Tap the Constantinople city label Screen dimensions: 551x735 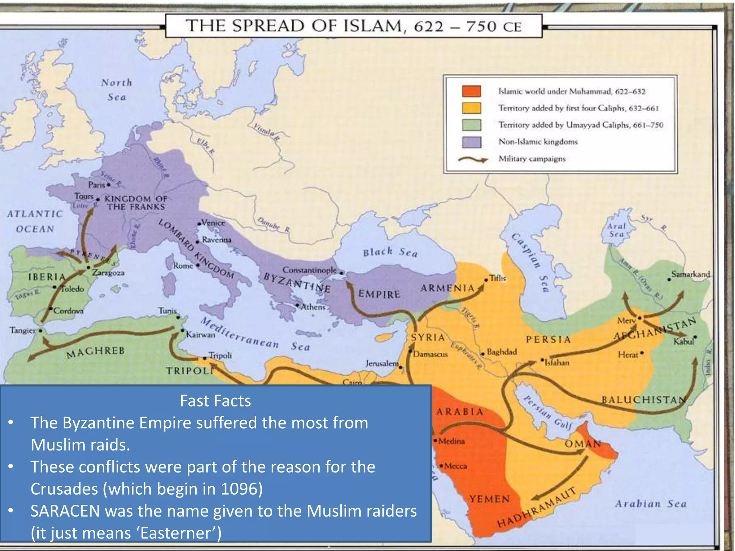(309, 270)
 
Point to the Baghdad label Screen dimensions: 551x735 (502, 352)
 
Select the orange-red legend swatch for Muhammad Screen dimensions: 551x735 (471, 91)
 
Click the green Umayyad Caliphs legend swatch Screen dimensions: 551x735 (471, 125)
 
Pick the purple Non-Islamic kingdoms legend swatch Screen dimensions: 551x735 (471, 142)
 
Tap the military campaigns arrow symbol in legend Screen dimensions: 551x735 (473, 159)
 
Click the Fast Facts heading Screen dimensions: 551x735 (215, 401)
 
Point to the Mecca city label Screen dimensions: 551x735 (455, 466)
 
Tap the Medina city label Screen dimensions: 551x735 (451, 441)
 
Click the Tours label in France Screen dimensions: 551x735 (84, 196)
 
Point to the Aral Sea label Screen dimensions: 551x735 (616, 230)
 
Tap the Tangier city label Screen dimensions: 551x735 (23, 330)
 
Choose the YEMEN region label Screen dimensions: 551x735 (490, 499)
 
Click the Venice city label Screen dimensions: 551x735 (213, 223)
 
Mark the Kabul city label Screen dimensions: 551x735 (683, 342)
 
